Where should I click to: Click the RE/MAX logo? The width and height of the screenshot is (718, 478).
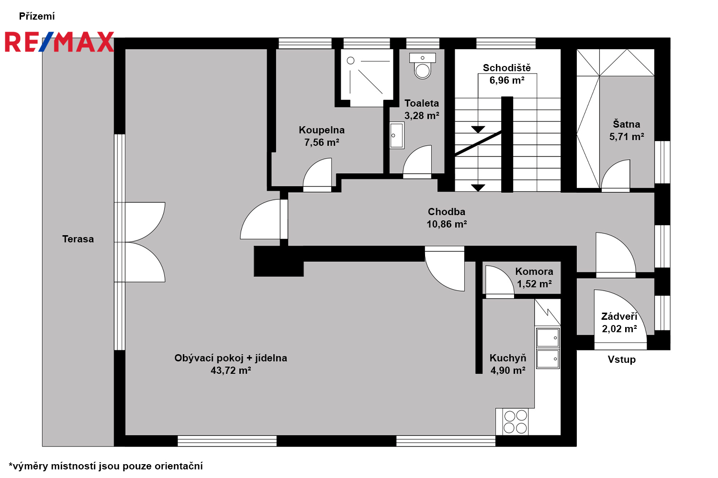[x=59, y=42]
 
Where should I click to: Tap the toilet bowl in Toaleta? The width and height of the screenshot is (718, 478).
[x=423, y=70]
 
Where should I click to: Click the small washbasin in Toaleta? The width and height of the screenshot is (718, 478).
[x=397, y=135]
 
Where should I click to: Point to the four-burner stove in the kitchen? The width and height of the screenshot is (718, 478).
[x=515, y=422]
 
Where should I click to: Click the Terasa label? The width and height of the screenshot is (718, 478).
[x=78, y=239]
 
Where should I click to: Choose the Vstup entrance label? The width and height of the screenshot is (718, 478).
[x=621, y=359]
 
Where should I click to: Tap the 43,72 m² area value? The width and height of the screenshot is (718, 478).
[x=231, y=370]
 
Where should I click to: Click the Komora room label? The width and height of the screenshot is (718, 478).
[x=534, y=272]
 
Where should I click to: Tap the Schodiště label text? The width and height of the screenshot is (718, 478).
[x=506, y=68]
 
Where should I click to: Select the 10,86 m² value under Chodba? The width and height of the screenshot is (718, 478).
[x=447, y=224]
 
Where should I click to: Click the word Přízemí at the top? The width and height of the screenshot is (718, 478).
[x=37, y=16]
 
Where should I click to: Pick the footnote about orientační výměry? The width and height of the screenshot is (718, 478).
[x=106, y=466]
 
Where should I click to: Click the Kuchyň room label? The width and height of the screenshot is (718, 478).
[x=507, y=358]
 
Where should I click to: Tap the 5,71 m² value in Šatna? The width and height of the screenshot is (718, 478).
[x=626, y=137]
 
